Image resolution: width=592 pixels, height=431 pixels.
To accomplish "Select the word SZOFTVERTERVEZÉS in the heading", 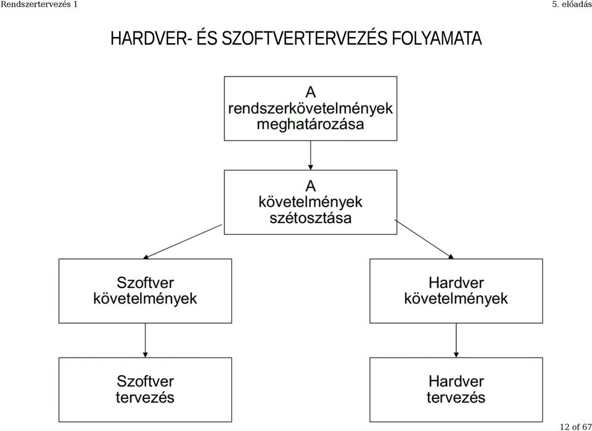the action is [305, 38].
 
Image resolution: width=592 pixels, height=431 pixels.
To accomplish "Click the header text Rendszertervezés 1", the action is [39, 4].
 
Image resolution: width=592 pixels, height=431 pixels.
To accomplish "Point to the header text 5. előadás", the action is [572, 4].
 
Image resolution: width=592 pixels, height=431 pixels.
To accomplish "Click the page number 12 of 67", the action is [576, 427].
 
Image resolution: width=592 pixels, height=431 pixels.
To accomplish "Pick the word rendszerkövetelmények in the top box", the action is [310, 109].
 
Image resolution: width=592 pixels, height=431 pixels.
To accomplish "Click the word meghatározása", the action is [310, 124].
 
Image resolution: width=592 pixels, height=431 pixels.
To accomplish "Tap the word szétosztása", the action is [310, 218].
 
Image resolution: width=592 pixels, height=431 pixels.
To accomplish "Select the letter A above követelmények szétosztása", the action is [310, 186].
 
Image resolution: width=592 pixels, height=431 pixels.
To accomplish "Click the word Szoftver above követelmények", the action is [146, 282].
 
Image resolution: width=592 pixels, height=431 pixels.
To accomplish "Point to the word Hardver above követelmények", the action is [456, 282].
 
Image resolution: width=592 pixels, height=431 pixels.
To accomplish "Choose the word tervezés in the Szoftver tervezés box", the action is [146, 398].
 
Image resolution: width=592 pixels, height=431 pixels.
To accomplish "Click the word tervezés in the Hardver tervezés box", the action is [456, 398].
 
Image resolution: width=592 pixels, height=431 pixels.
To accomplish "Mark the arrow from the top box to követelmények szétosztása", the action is [311, 155].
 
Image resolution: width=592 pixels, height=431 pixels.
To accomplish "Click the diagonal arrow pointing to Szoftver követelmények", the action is [183, 242].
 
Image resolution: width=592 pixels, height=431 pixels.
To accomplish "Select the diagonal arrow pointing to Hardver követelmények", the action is [424, 239].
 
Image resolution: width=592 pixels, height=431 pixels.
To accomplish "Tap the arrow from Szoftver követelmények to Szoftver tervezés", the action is [146, 340].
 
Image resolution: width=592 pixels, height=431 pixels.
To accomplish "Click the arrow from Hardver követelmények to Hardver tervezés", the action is [456, 340].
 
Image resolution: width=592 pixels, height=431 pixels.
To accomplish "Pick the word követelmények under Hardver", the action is [456, 298].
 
